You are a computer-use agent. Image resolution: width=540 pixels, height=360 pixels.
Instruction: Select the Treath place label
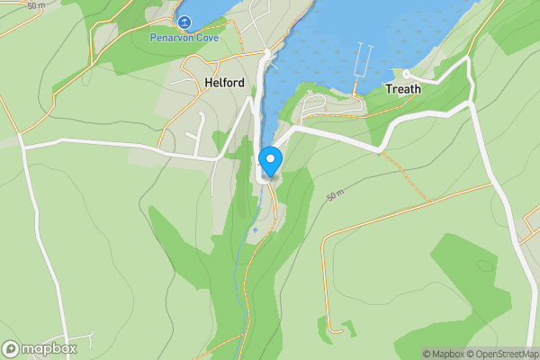(x=402, y=89)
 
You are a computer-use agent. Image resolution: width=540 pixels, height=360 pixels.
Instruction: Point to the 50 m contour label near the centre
(x=337, y=196)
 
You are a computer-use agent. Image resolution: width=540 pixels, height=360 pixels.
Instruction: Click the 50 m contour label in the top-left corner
(x=36, y=5)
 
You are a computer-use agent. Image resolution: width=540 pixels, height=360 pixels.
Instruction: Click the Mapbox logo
(x=40, y=348)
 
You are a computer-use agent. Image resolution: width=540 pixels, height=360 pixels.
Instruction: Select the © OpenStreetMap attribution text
(x=499, y=354)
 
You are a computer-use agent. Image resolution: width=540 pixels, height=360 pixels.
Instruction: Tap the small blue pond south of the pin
(x=255, y=230)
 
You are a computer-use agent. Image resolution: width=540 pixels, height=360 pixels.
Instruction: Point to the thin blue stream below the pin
(x=240, y=279)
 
